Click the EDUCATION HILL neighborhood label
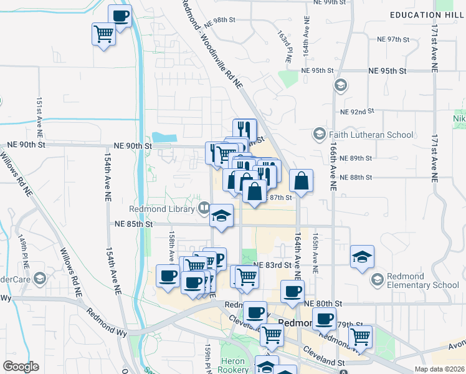tap(424, 15)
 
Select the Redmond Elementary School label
tap(423, 281)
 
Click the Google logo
tap(21, 367)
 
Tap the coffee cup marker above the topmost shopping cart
tap(120, 16)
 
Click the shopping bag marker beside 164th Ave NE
tap(301, 181)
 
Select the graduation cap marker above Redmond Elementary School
tap(362, 257)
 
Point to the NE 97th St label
tap(393, 39)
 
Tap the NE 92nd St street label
tap(357, 112)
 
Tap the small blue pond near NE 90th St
tap(164, 137)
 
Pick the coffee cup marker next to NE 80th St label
tap(292, 291)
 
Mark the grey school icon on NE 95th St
tap(340, 85)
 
